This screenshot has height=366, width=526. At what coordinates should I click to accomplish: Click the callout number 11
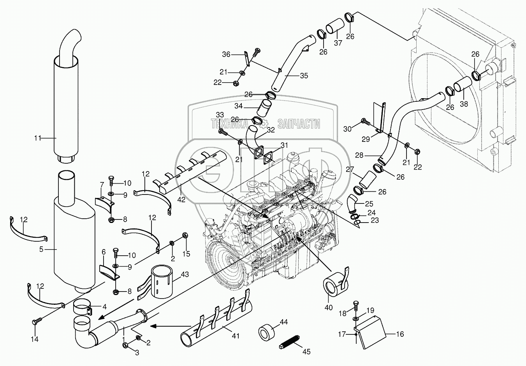pos(37,138)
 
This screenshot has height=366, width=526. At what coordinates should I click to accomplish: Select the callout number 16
pos(400,334)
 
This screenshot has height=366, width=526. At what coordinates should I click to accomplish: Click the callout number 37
pos(338,43)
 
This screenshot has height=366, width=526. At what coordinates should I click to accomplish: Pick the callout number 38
pos(464,104)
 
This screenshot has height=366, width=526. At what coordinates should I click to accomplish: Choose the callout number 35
pos(304,76)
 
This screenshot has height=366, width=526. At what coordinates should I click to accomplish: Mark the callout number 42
pos(181,199)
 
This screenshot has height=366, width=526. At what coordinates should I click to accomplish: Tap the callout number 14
pos(35,339)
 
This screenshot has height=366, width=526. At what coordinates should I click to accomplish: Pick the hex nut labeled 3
pos(125,345)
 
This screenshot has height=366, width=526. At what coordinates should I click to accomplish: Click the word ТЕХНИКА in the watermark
pos(229,124)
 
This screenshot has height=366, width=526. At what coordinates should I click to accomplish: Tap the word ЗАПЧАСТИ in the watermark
pos(299,124)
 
